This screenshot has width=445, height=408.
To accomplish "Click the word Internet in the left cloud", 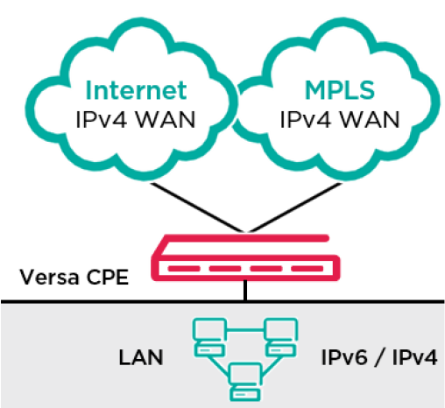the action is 136,90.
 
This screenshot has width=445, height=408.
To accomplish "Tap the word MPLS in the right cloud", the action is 340,90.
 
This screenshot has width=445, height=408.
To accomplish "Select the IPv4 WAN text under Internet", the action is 136,120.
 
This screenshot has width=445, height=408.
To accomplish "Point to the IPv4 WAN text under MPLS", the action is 340,120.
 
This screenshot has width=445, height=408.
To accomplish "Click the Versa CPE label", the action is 74,277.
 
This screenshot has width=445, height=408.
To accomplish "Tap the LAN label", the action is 141,357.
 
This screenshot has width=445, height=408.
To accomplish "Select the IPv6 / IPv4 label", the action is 379,357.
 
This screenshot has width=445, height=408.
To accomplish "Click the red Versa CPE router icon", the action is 245,258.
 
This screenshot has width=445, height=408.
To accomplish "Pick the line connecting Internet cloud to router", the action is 196,208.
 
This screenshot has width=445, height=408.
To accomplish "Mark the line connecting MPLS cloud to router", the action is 295,208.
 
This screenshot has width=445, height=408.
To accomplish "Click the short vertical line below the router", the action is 245,290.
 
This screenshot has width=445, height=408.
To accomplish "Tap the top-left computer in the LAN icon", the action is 209,337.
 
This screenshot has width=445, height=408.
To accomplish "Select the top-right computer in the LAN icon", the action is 280,337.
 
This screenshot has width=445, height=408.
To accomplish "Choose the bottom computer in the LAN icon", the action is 245,382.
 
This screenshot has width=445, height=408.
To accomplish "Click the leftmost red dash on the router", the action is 184,269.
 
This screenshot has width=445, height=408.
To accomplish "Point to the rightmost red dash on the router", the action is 307,269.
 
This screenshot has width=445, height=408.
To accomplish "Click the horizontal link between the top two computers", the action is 245,330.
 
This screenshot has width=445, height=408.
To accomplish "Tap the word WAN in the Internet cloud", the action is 166,120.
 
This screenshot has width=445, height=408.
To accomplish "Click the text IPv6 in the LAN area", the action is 344,357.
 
